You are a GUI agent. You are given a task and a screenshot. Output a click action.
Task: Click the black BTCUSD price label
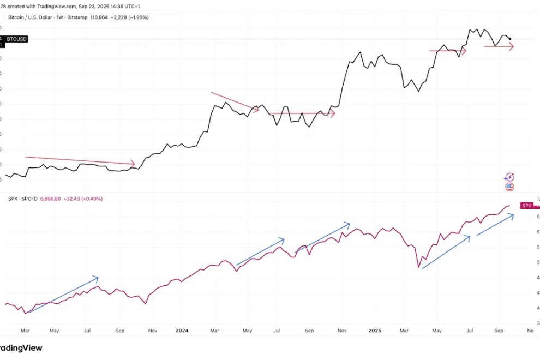(16, 39)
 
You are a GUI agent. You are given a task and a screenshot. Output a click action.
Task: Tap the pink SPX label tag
(526, 206)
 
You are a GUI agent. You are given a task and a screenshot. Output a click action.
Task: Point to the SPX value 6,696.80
(52, 199)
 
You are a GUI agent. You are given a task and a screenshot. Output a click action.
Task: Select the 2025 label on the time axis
(374, 331)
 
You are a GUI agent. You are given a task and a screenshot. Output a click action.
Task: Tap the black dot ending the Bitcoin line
(509, 39)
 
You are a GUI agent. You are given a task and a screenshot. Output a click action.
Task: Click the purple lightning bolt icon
(509, 177)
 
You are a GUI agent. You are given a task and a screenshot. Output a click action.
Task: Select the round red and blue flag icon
(509, 187)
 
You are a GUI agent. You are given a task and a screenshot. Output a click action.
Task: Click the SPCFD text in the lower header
(29, 199)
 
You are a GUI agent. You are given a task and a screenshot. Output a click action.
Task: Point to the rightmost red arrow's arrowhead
(512, 47)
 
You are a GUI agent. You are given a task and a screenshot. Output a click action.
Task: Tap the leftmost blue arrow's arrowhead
(97, 278)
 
